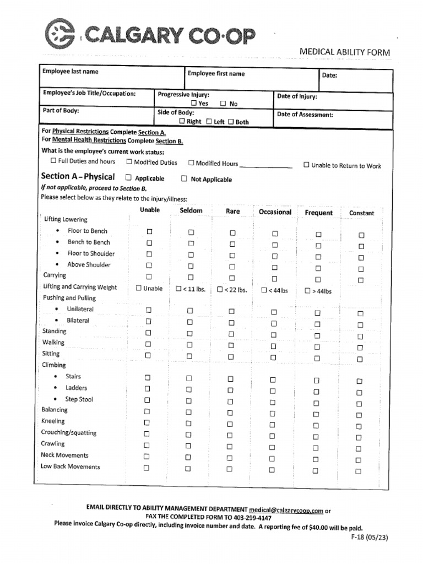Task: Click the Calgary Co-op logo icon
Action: click(60, 35)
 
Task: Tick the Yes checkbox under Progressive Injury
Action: click(194, 103)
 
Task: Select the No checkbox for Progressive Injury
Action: click(223, 103)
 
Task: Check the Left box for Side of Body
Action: click(209, 122)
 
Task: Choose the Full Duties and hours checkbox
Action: click(53, 161)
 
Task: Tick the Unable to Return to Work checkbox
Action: click(306, 165)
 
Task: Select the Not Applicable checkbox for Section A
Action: click(185, 178)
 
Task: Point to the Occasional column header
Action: click(275, 212)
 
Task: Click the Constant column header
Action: click(361, 213)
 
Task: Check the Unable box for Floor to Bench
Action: click(149, 232)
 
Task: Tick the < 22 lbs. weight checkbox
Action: click(220, 289)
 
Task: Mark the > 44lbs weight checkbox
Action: click(307, 291)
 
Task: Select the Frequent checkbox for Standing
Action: click(317, 335)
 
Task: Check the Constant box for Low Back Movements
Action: click(358, 471)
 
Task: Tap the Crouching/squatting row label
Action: click(69, 432)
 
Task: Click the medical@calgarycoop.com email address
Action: click(286, 511)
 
